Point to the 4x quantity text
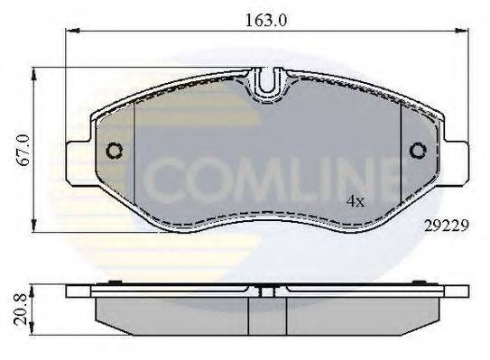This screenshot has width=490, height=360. [x=356, y=202]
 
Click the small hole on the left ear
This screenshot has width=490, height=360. [x=115, y=152]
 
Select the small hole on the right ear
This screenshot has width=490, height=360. [x=418, y=152]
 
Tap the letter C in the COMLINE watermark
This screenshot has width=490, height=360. [x=167, y=180]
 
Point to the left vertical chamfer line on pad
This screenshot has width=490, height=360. [x=134, y=153]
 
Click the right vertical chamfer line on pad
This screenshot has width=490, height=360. [x=400, y=153]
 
